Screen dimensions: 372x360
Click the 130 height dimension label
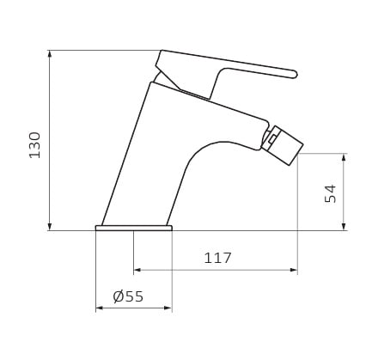[x=35, y=145]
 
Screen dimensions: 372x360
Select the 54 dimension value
[x=331, y=194]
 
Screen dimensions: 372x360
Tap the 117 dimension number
[x=217, y=258]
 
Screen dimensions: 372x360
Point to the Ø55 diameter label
[x=128, y=296]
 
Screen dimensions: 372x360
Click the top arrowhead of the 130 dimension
[x=50, y=54]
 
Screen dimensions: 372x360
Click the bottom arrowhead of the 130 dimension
[x=50, y=227]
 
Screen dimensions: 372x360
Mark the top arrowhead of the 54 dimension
[x=345, y=157]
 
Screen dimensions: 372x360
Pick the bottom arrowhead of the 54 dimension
[x=345, y=227]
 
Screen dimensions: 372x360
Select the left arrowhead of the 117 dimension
[x=137, y=270]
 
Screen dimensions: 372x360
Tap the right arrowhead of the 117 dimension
[x=294, y=270]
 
